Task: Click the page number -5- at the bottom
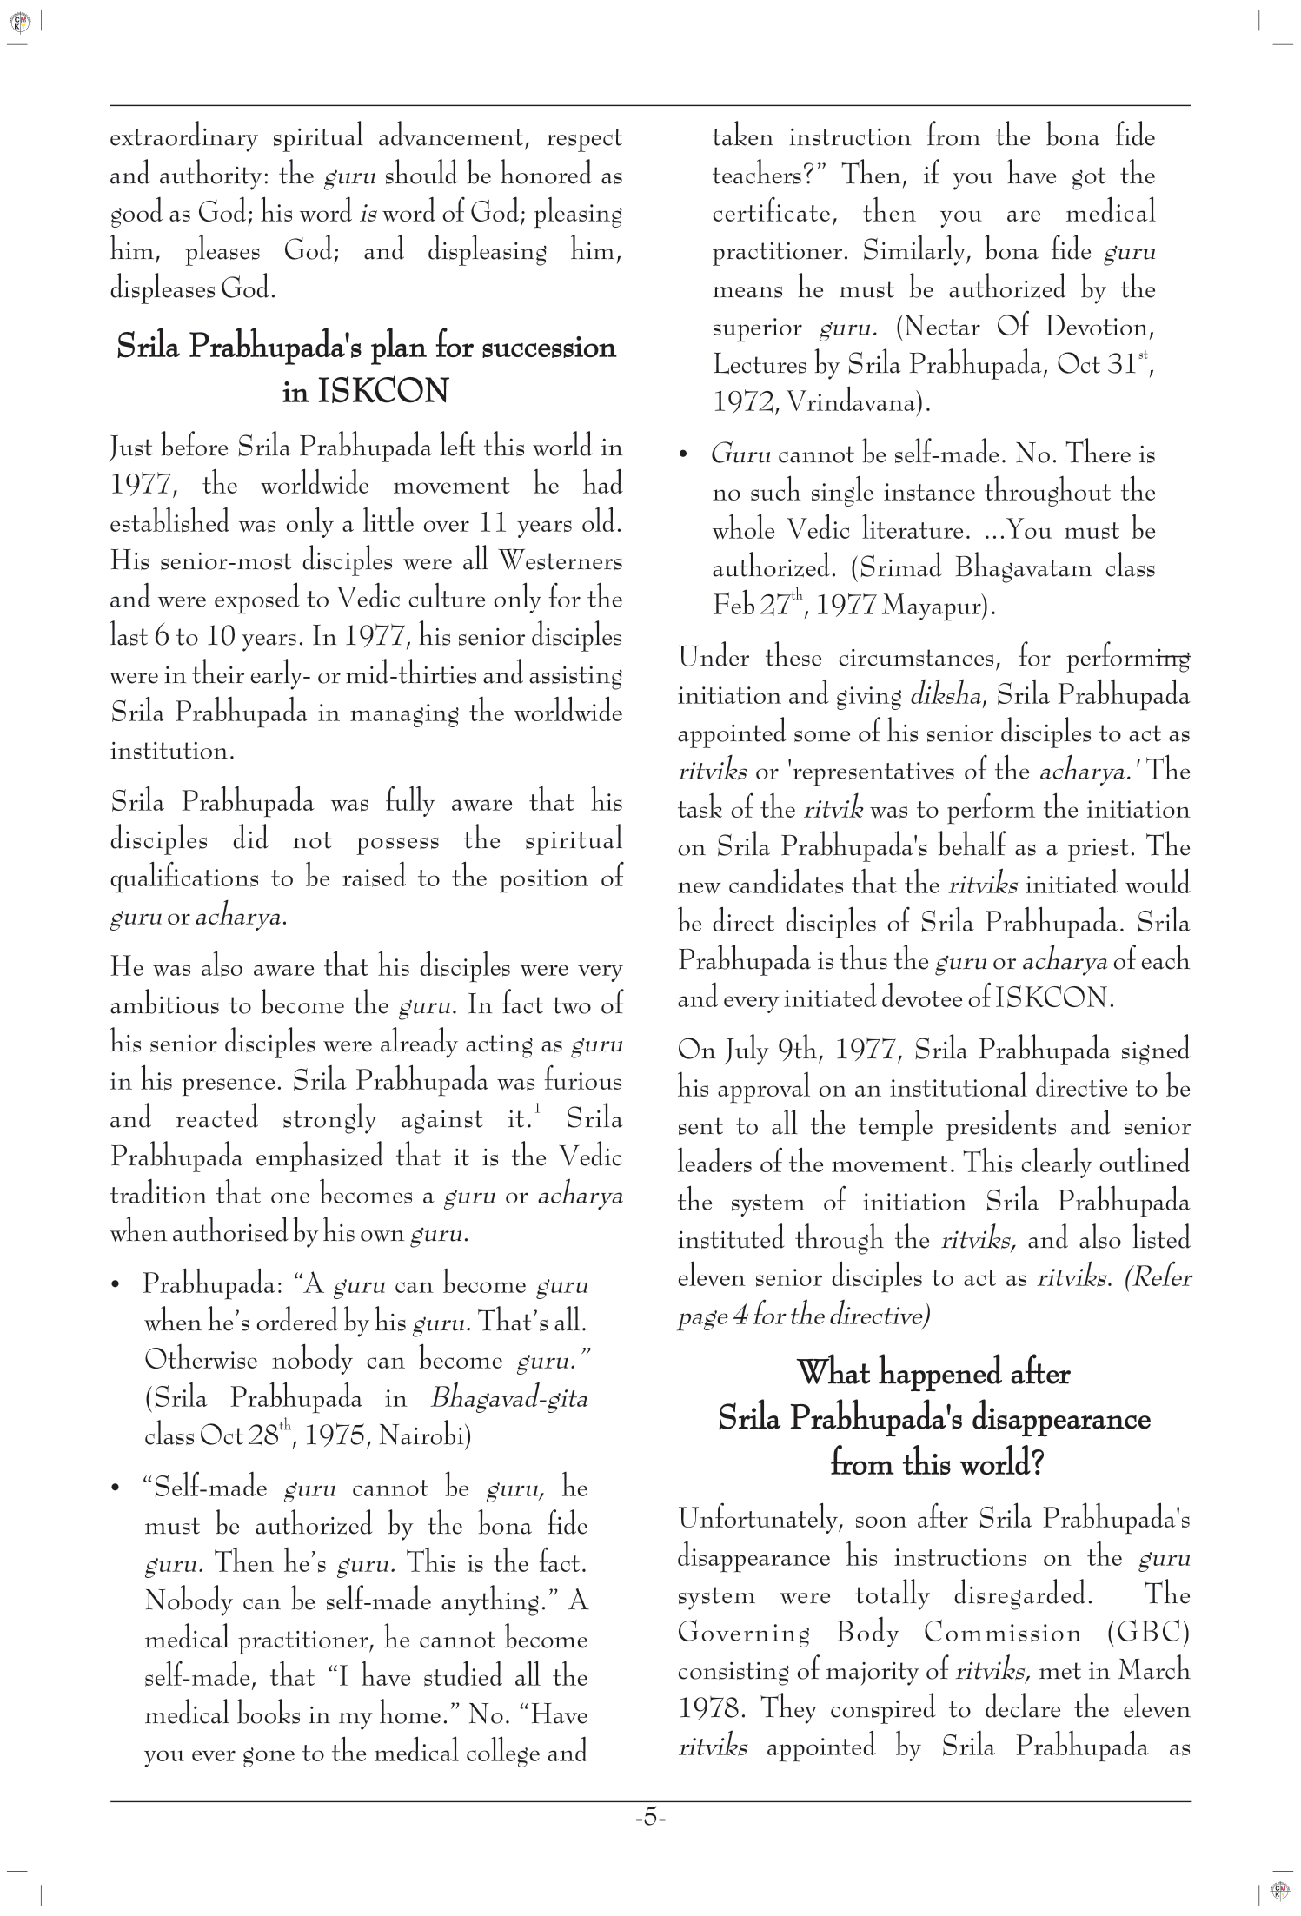(x=650, y=1818)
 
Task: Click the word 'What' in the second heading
(x=833, y=1374)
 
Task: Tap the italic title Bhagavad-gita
(x=509, y=1399)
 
